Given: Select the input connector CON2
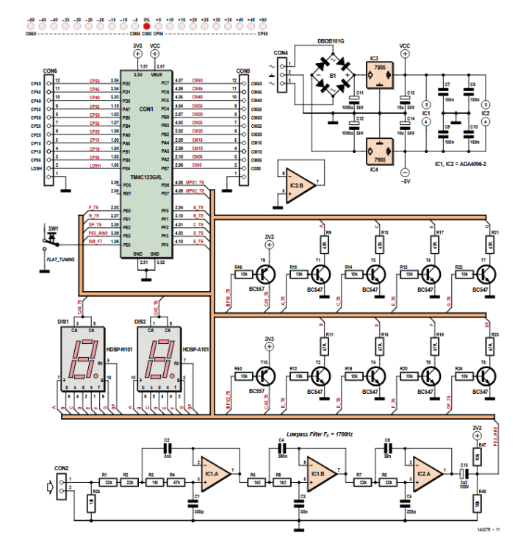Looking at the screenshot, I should tap(61, 484).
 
